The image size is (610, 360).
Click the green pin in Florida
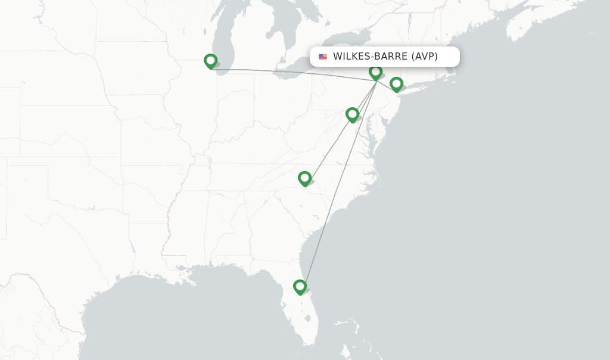tap(300, 287)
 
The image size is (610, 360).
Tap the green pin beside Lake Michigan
tap(210, 61)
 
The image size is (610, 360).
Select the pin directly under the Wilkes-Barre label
tap(375, 72)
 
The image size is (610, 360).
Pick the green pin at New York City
tap(396, 84)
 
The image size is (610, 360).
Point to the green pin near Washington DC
tap(352, 114)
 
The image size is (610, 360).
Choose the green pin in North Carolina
tap(304, 178)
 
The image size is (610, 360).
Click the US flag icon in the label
tap(323, 57)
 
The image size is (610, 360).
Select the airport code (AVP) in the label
tap(425, 57)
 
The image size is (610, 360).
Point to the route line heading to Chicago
tap(286, 73)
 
